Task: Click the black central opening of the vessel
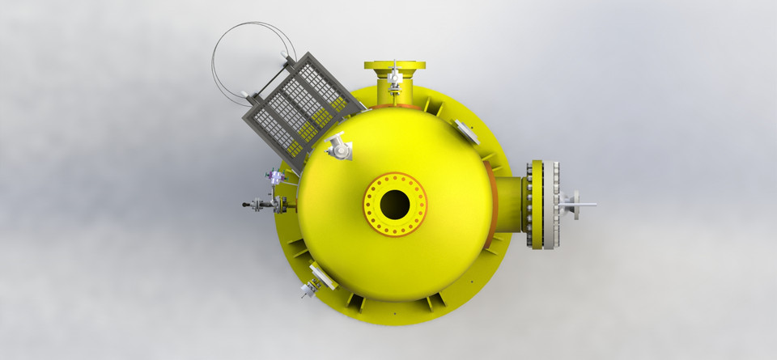pos(394,204)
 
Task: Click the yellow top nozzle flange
pos(394,65)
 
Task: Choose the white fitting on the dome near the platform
pos(340,148)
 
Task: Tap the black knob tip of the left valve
pos(246,205)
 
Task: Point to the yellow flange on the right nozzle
pos(535,205)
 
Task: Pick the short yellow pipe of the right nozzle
pos(511,205)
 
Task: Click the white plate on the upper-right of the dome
pos(466,129)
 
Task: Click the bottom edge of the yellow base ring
pos(394,321)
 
